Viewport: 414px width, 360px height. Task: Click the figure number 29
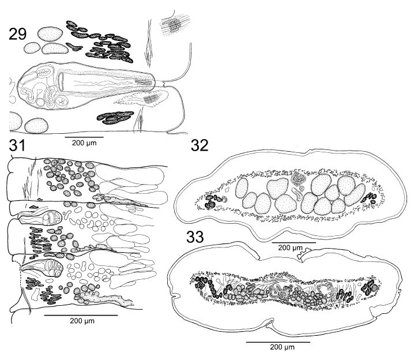click(18, 35)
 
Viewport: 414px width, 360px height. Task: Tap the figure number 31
click(17, 145)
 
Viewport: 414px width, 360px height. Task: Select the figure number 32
click(200, 145)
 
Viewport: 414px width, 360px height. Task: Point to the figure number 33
click(195, 237)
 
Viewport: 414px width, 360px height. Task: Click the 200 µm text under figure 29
click(84, 143)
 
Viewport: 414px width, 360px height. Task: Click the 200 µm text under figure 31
click(82, 321)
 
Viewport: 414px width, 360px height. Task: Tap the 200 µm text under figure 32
click(291, 247)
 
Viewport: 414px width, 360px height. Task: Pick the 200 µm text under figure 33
click(283, 347)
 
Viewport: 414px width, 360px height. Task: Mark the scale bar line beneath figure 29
click(84, 137)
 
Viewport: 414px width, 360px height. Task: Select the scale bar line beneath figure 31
click(81, 315)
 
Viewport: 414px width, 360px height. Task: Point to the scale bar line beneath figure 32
click(294, 242)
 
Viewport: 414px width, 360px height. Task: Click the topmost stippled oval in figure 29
click(50, 34)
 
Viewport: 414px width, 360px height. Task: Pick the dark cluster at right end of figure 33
click(370, 288)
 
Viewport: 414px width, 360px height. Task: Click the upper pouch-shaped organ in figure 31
click(41, 218)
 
